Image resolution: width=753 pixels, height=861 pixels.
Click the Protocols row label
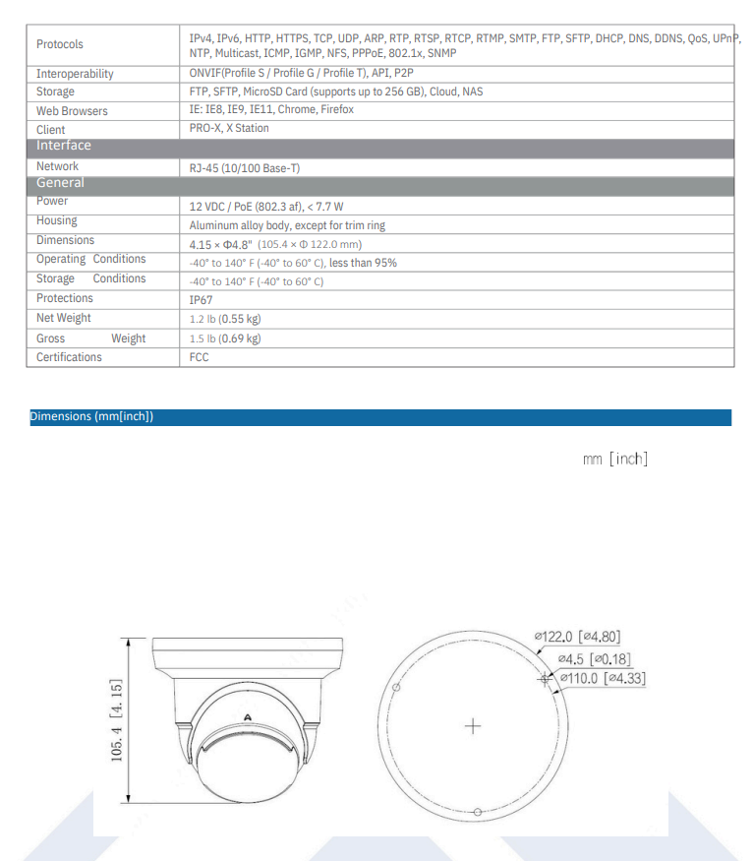[60, 44]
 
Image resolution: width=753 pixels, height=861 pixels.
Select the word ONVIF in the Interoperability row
[205, 74]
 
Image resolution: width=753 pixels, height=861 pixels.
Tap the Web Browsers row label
[72, 111]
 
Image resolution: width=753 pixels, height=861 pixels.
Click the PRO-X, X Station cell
[229, 128]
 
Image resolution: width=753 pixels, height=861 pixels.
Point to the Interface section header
[64, 146]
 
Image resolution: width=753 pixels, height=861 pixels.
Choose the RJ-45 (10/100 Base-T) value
[245, 168]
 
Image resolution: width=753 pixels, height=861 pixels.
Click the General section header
[61, 183]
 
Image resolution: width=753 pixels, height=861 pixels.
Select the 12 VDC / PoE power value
[266, 207]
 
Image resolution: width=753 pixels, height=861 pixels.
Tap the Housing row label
[57, 221]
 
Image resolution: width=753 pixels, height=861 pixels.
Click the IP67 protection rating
[201, 300]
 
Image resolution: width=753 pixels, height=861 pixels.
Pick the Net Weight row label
[64, 318]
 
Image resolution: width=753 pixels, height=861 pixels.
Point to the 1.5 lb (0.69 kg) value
[225, 338]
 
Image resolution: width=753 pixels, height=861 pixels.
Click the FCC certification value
[200, 357]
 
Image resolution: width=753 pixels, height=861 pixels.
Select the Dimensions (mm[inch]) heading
[91, 417]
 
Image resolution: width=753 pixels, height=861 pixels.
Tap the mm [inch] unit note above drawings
[614, 460]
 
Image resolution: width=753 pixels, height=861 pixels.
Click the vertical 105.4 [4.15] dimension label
[117, 720]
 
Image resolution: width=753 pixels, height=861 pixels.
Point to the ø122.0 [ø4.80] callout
[577, 638]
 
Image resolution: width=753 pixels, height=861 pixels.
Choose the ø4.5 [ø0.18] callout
[594, 658]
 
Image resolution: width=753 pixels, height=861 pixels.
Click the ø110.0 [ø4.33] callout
[602, 678]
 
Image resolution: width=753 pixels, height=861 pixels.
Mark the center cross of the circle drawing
[474, 726]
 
